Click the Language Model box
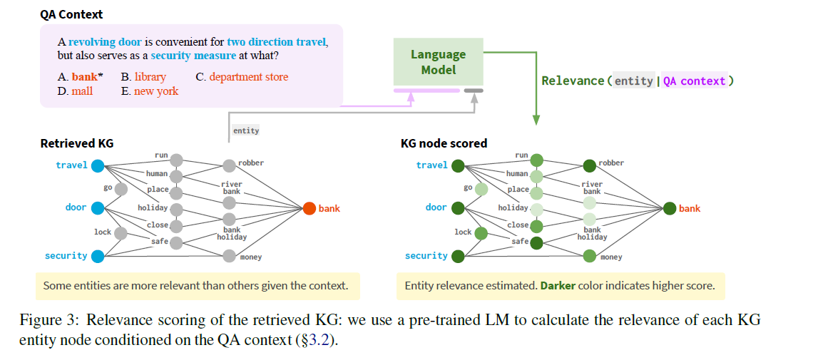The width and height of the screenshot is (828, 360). (438, 62)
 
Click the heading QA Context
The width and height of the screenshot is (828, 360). (71, 14)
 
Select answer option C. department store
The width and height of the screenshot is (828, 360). (242, 76)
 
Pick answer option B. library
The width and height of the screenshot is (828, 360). (143, 76)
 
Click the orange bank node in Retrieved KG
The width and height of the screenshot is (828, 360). (309, 209)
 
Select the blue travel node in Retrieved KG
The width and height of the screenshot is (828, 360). (98, 165)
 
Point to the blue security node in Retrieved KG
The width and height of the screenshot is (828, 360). (98, 256)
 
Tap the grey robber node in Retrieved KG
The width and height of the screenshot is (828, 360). (229, 165)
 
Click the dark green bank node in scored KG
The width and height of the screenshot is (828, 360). (669, 209)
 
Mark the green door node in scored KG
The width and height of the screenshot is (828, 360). (458, 208)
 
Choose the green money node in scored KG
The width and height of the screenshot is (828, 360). (589, 255)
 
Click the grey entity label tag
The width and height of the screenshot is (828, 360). (246, 130)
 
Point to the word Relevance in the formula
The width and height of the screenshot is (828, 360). (572, 81)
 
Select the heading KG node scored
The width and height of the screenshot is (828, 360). (444, 143)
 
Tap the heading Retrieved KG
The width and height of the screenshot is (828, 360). (76, 143)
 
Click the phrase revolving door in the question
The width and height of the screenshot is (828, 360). (105, 42)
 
